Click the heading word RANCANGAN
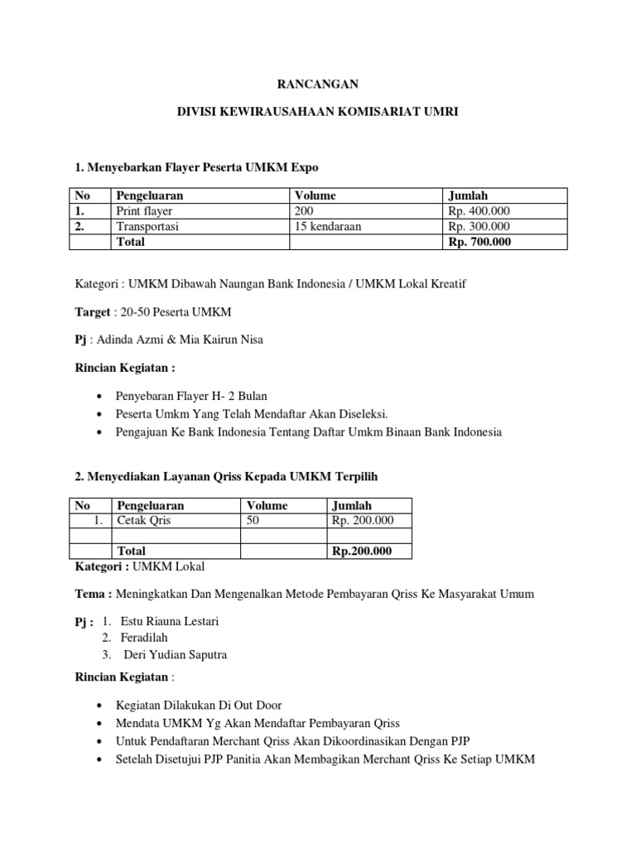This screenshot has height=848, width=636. point(318,84)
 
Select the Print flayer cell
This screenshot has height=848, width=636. point(144,211)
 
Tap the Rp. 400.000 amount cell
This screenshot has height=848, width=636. point(479,211)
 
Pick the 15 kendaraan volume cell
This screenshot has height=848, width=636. point(328,226)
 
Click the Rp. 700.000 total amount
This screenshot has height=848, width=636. point(479,242)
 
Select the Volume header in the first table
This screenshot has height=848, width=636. point(315,195)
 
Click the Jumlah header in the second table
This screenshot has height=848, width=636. point(352,505)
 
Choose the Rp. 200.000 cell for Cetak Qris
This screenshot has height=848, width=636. point(363,520)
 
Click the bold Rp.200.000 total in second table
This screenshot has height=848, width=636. point(362,551)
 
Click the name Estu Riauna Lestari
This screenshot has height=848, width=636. point(170,621)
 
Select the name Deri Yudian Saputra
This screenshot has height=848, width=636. point(176,654)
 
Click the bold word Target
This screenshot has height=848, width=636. point(93,312)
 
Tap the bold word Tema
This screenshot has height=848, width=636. point(92,593)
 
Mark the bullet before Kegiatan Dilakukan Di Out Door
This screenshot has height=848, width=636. point(100,706)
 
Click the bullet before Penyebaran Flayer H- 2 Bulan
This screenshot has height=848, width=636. point(100,396)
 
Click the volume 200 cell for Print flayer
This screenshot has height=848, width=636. point(305,211)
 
